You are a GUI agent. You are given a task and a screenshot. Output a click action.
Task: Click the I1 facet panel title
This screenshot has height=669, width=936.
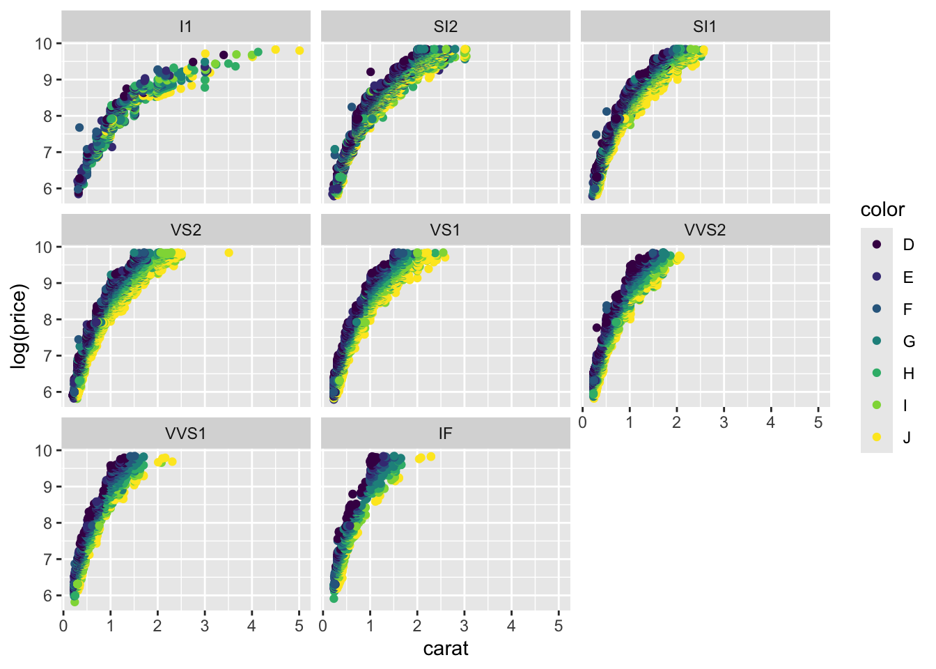185,26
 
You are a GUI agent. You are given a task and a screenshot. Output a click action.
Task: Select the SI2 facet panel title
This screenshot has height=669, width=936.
445,26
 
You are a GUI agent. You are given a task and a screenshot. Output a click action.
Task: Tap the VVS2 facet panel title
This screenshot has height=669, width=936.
705,230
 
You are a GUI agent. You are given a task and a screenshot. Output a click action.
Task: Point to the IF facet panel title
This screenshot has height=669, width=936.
445,433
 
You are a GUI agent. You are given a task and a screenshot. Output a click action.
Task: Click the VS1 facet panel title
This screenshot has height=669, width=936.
445,230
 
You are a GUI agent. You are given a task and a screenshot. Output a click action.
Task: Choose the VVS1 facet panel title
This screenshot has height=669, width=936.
185,433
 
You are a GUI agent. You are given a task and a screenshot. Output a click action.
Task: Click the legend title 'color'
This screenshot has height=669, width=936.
882,210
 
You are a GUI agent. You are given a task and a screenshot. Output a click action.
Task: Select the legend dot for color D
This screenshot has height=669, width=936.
877,245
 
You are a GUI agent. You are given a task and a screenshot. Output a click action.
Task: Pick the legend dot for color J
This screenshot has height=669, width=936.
877,438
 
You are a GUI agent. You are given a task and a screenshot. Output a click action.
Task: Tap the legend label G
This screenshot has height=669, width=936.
909,341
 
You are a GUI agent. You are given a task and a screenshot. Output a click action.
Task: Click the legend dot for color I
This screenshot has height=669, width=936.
877,406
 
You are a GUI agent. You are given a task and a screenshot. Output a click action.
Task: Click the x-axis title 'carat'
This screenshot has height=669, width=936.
446,649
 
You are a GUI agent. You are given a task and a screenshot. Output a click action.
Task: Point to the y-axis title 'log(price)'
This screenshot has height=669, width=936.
19,326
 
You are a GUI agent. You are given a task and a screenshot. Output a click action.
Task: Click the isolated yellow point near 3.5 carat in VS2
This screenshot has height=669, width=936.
228,253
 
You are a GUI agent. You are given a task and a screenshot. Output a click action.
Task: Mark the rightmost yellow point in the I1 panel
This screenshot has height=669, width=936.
299,50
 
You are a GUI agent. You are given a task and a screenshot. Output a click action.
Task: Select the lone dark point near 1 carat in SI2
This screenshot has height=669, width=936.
370,72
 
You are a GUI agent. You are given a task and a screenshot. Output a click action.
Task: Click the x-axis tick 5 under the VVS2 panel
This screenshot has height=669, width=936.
818,422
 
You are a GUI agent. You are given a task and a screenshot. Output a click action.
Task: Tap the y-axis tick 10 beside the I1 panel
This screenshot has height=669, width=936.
43,43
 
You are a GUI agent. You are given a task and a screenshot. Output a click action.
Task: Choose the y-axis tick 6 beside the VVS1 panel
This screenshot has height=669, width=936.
47,596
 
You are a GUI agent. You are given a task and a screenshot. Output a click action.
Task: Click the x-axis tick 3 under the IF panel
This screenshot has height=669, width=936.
465,626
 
